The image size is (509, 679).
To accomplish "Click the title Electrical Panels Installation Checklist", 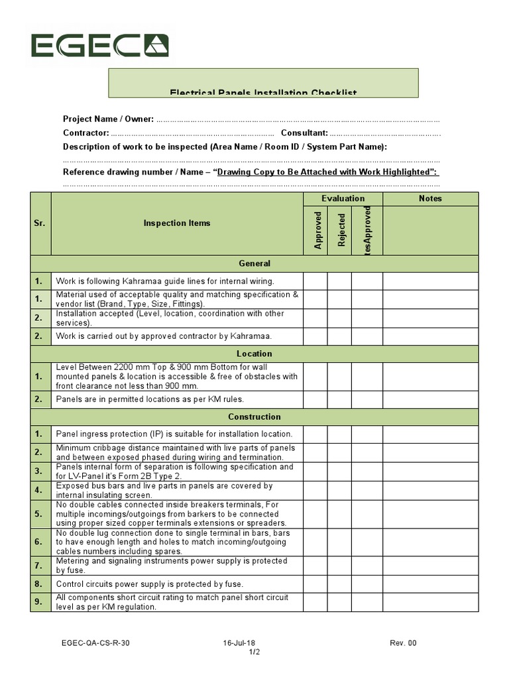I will (262, 93).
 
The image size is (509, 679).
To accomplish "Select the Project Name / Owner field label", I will (108, 119).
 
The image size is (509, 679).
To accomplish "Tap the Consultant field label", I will (304, 133).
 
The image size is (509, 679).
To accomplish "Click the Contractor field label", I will (85, 133).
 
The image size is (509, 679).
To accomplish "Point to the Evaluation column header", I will (343, 198).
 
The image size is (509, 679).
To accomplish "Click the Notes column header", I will (429, 198).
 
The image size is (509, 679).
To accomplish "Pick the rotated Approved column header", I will (318, 230).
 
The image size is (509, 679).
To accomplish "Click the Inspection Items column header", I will (177, 223).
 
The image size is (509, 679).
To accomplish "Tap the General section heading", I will (254, 263).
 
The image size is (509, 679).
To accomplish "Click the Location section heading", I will (254, 353).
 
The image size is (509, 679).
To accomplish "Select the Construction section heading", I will (254, 417).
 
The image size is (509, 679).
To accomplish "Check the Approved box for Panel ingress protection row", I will (315, 434).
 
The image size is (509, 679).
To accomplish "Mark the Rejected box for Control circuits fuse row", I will (339, 584).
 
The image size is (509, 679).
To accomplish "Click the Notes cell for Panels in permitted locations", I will (429, 399).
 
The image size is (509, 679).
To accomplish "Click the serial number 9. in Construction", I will (40, 602).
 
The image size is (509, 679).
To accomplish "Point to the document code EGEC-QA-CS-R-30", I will (101, 643).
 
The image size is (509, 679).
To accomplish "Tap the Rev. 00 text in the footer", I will (403, 643).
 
